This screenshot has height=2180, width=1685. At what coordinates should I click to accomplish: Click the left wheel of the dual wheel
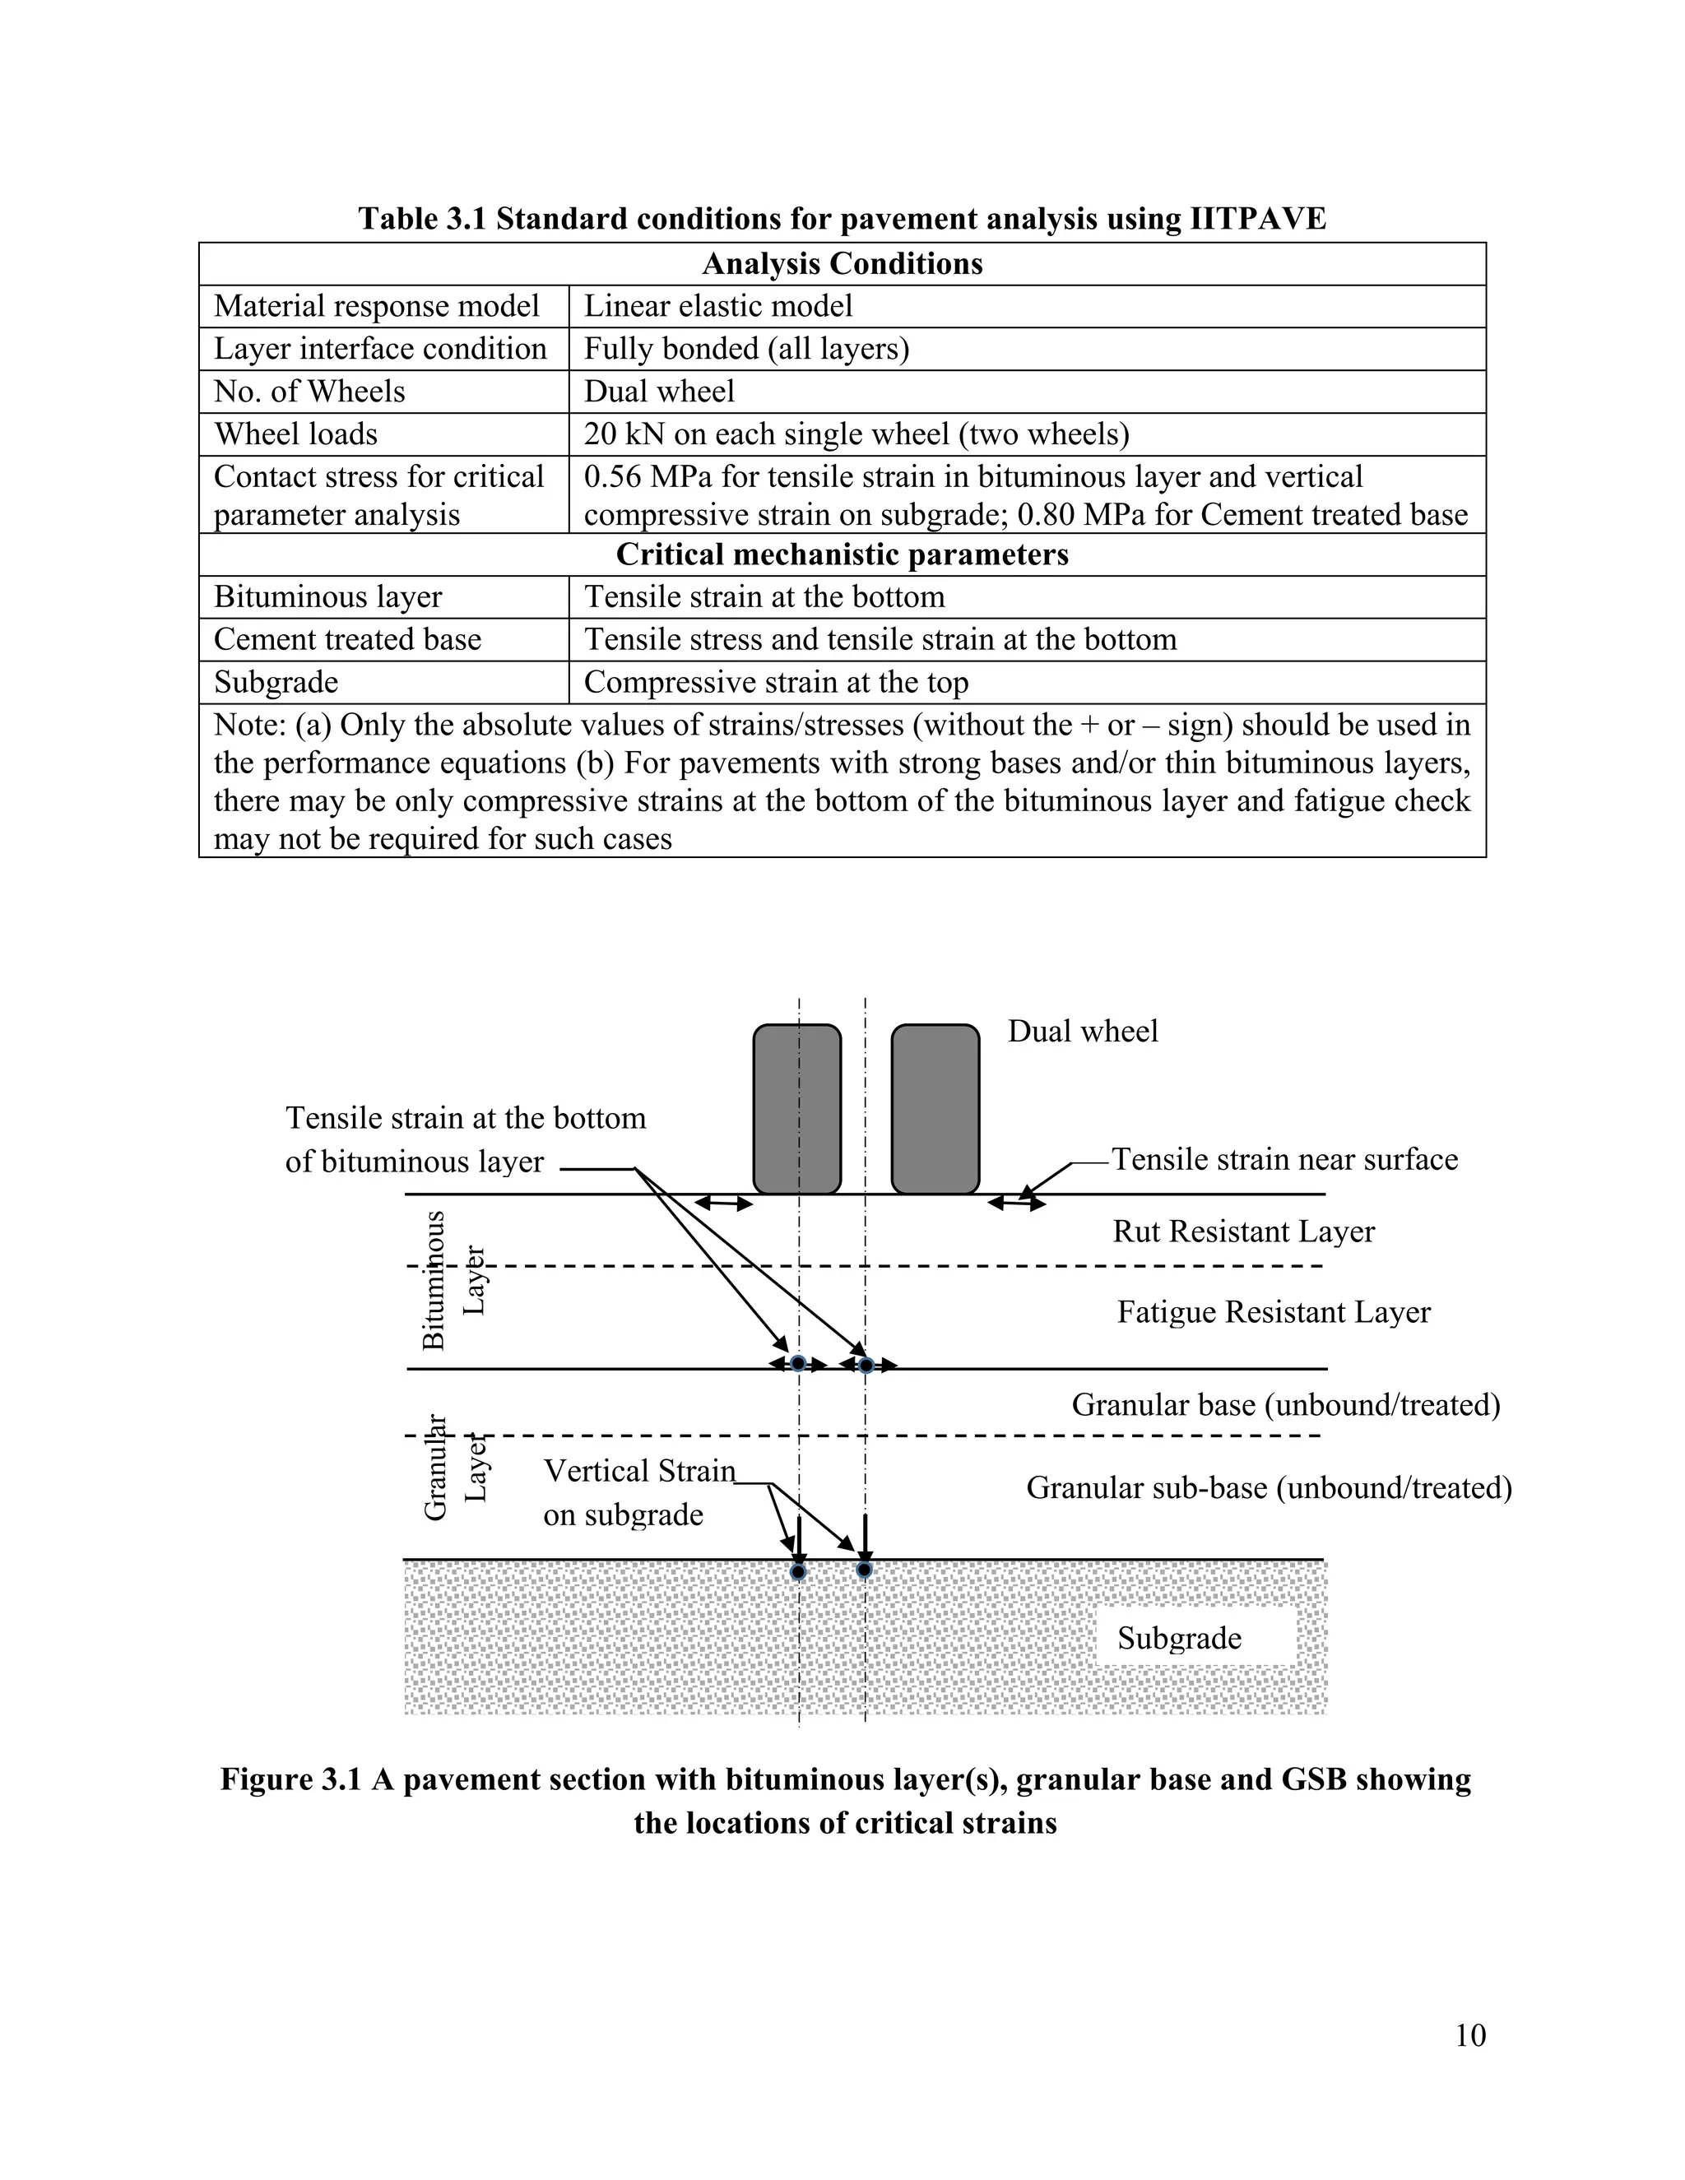click(796, 1108)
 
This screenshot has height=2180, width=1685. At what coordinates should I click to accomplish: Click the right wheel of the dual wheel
click(935, 1108)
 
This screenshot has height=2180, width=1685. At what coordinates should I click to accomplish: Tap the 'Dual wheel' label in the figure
click(1083, 1031)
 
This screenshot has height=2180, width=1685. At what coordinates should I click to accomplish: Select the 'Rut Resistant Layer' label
click(1244, 1231)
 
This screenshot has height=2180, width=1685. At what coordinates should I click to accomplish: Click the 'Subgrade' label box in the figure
click(1180, 1638)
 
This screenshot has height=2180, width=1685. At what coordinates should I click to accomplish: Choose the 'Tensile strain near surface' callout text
click(1284, 1159)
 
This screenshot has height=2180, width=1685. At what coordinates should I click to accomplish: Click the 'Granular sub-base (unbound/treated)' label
click(1269, 1487)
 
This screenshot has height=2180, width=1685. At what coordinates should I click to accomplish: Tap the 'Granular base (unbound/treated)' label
click(1286, 1404)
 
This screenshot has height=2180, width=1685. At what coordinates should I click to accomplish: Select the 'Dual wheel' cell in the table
click(660, 392)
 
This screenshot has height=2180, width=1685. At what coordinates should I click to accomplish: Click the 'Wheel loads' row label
click(296, 434)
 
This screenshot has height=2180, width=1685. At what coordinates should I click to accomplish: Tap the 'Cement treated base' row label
click(347, 639)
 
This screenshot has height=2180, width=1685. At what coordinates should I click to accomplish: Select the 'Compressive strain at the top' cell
click(777, 682)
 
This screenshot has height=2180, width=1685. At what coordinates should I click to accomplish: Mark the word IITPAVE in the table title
click(1258, 219)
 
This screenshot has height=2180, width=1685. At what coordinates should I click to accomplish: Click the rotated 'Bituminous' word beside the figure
click(434, 1281)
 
